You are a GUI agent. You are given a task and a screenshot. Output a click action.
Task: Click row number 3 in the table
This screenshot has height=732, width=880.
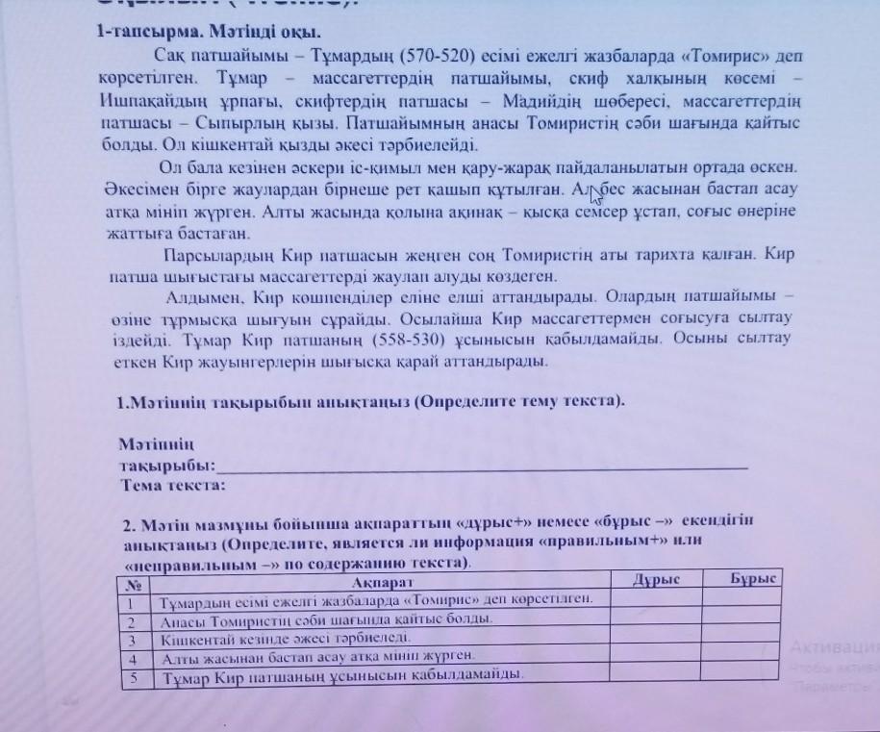[x=134, y=638]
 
